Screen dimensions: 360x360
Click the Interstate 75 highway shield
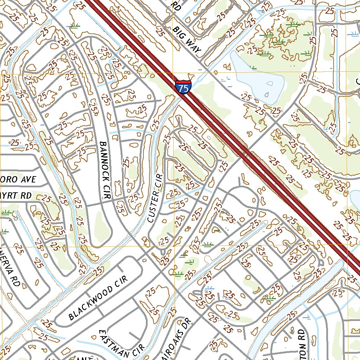click(x=183, y=86)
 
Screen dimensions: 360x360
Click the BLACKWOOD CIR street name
click(x=97, y=298)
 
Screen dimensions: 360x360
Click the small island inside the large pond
click(x=270, y=84)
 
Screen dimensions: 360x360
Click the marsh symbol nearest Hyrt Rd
click(x=6, y=212)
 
